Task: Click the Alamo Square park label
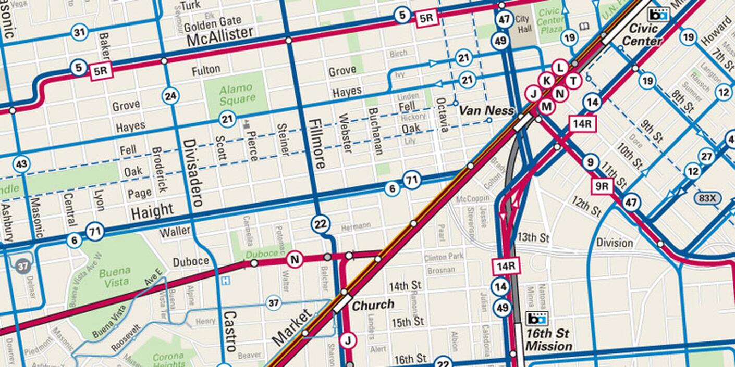(237, 93)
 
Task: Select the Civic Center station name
(642, 34)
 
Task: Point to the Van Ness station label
(486, 110)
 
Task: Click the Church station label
(373, 305)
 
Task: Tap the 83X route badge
(707, 198)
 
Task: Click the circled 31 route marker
(79, 33)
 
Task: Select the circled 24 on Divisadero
(170, 96)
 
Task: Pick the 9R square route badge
(602, 186)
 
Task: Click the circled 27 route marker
(706, 157)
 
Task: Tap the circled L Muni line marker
(560, 68)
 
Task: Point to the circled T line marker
(573, 81)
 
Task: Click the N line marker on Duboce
(295, 259)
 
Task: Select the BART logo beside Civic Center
(657, 14)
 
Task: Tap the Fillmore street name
(317, 144)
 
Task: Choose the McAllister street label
(219, 36)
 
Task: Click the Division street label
(614, 243)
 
